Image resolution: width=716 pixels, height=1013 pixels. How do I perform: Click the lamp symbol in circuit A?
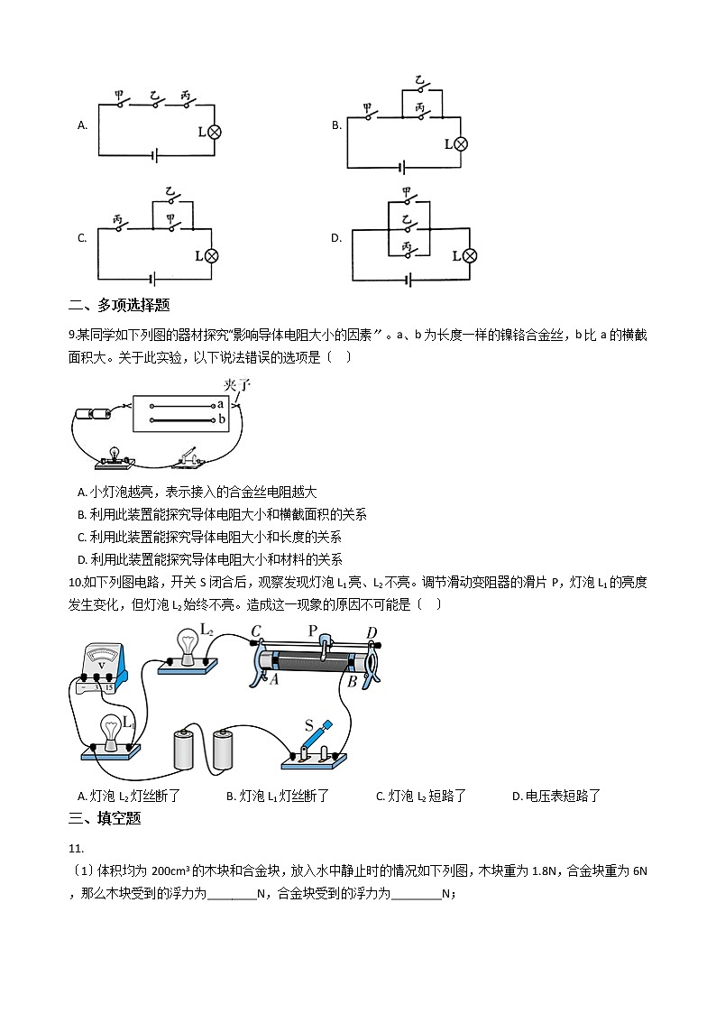point(215,132)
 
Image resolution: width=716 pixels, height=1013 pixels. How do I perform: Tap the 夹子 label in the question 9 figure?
point(236,384)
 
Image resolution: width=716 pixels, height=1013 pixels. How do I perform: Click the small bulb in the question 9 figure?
point(115,454)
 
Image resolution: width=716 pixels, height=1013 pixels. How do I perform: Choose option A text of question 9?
point(197,493)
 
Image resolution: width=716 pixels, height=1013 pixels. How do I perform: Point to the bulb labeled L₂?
point(188,648)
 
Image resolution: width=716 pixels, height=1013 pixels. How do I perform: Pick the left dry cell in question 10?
point(185,748)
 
